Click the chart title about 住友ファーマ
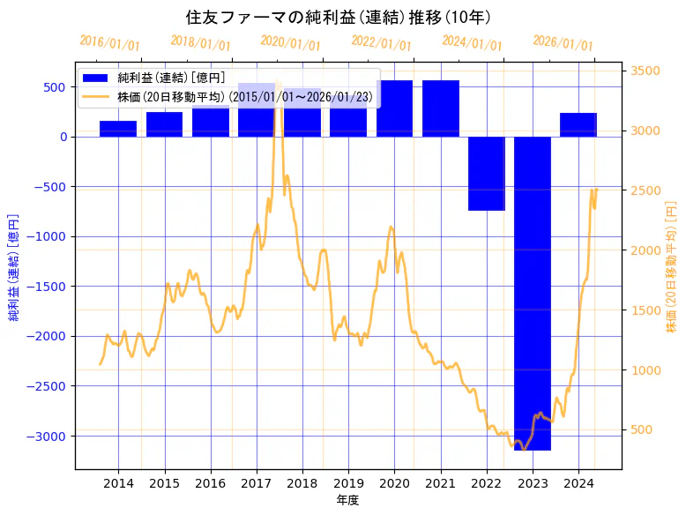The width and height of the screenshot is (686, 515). click(339, 17)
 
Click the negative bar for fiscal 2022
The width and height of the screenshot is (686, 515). click(487, 173)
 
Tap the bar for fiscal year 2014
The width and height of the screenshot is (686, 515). click(118, 129)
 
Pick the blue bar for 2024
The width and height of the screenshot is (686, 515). click(578, 124)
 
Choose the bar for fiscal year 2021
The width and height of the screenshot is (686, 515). click(441, 108)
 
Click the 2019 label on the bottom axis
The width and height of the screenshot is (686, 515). click(348, 483)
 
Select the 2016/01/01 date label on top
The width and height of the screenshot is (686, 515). click(109, 42)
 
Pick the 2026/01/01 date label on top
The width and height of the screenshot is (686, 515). click(563, 43)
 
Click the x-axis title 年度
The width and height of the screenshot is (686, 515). click(348, 500)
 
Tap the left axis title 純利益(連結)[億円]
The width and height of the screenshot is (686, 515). click(14, 265)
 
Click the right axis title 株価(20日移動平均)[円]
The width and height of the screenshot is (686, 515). click(671, 265)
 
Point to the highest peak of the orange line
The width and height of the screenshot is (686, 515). click(279, 84)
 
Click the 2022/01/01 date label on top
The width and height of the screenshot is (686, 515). click(381, 42)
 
